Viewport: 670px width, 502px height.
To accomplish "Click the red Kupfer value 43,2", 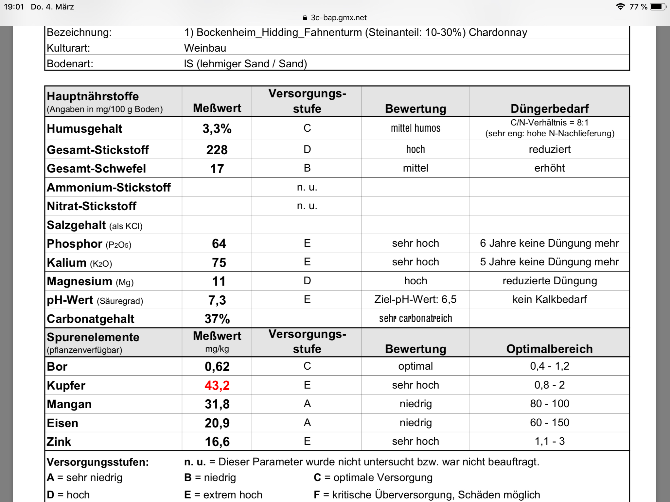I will pyautogui.click(x=217, y=385).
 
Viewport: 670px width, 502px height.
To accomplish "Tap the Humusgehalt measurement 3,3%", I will pyautogui.click(x=217, y=128).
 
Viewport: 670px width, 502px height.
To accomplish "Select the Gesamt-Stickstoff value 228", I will pyautogui.click(x=217, y=150).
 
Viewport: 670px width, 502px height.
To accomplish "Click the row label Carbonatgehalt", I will pyautogui.click(x=91, y=319).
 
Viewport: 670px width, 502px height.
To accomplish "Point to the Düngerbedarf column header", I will pyautogui.click(x=549, y=109).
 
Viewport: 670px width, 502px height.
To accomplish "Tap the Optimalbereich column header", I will pyautogui.click(x=549, y=349).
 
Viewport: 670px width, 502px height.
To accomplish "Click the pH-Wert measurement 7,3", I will pyautogui.click(x=217, y=300).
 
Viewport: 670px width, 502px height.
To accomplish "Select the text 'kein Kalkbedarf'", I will pyautogui.click(x=549, y=299).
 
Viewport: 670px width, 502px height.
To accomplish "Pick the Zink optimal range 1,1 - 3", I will pyautogui.click(x=549, y=441).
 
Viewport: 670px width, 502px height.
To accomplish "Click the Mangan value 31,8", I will pyautogui.click(x=217, y=404).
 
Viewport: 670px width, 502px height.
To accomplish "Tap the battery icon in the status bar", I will pyautogui.click(x=658, y=7).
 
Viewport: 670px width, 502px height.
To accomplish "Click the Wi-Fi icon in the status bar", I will pyautogui.click(x=620, y=7).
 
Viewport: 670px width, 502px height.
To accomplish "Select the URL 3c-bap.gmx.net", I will pyautogui.click(x=339, y=18).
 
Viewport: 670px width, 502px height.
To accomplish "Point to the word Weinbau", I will pyautogui.click(x=205, y=48).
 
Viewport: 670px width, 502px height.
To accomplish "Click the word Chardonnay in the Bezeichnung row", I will pyautogui.click(x=498, y=32).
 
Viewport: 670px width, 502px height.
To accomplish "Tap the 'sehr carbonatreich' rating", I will pyautogui.click(x=415, y=318).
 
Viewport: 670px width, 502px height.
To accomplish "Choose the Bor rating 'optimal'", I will pyautogui.click(x=415, y=366).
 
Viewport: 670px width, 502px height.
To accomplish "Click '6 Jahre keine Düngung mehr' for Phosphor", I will pyautogui.click(x=549, y=243).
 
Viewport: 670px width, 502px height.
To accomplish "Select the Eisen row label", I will pyautogui.click(x=62, y=423).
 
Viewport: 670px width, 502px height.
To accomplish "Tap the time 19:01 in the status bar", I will pyautogui.click(x=14, y=7).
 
